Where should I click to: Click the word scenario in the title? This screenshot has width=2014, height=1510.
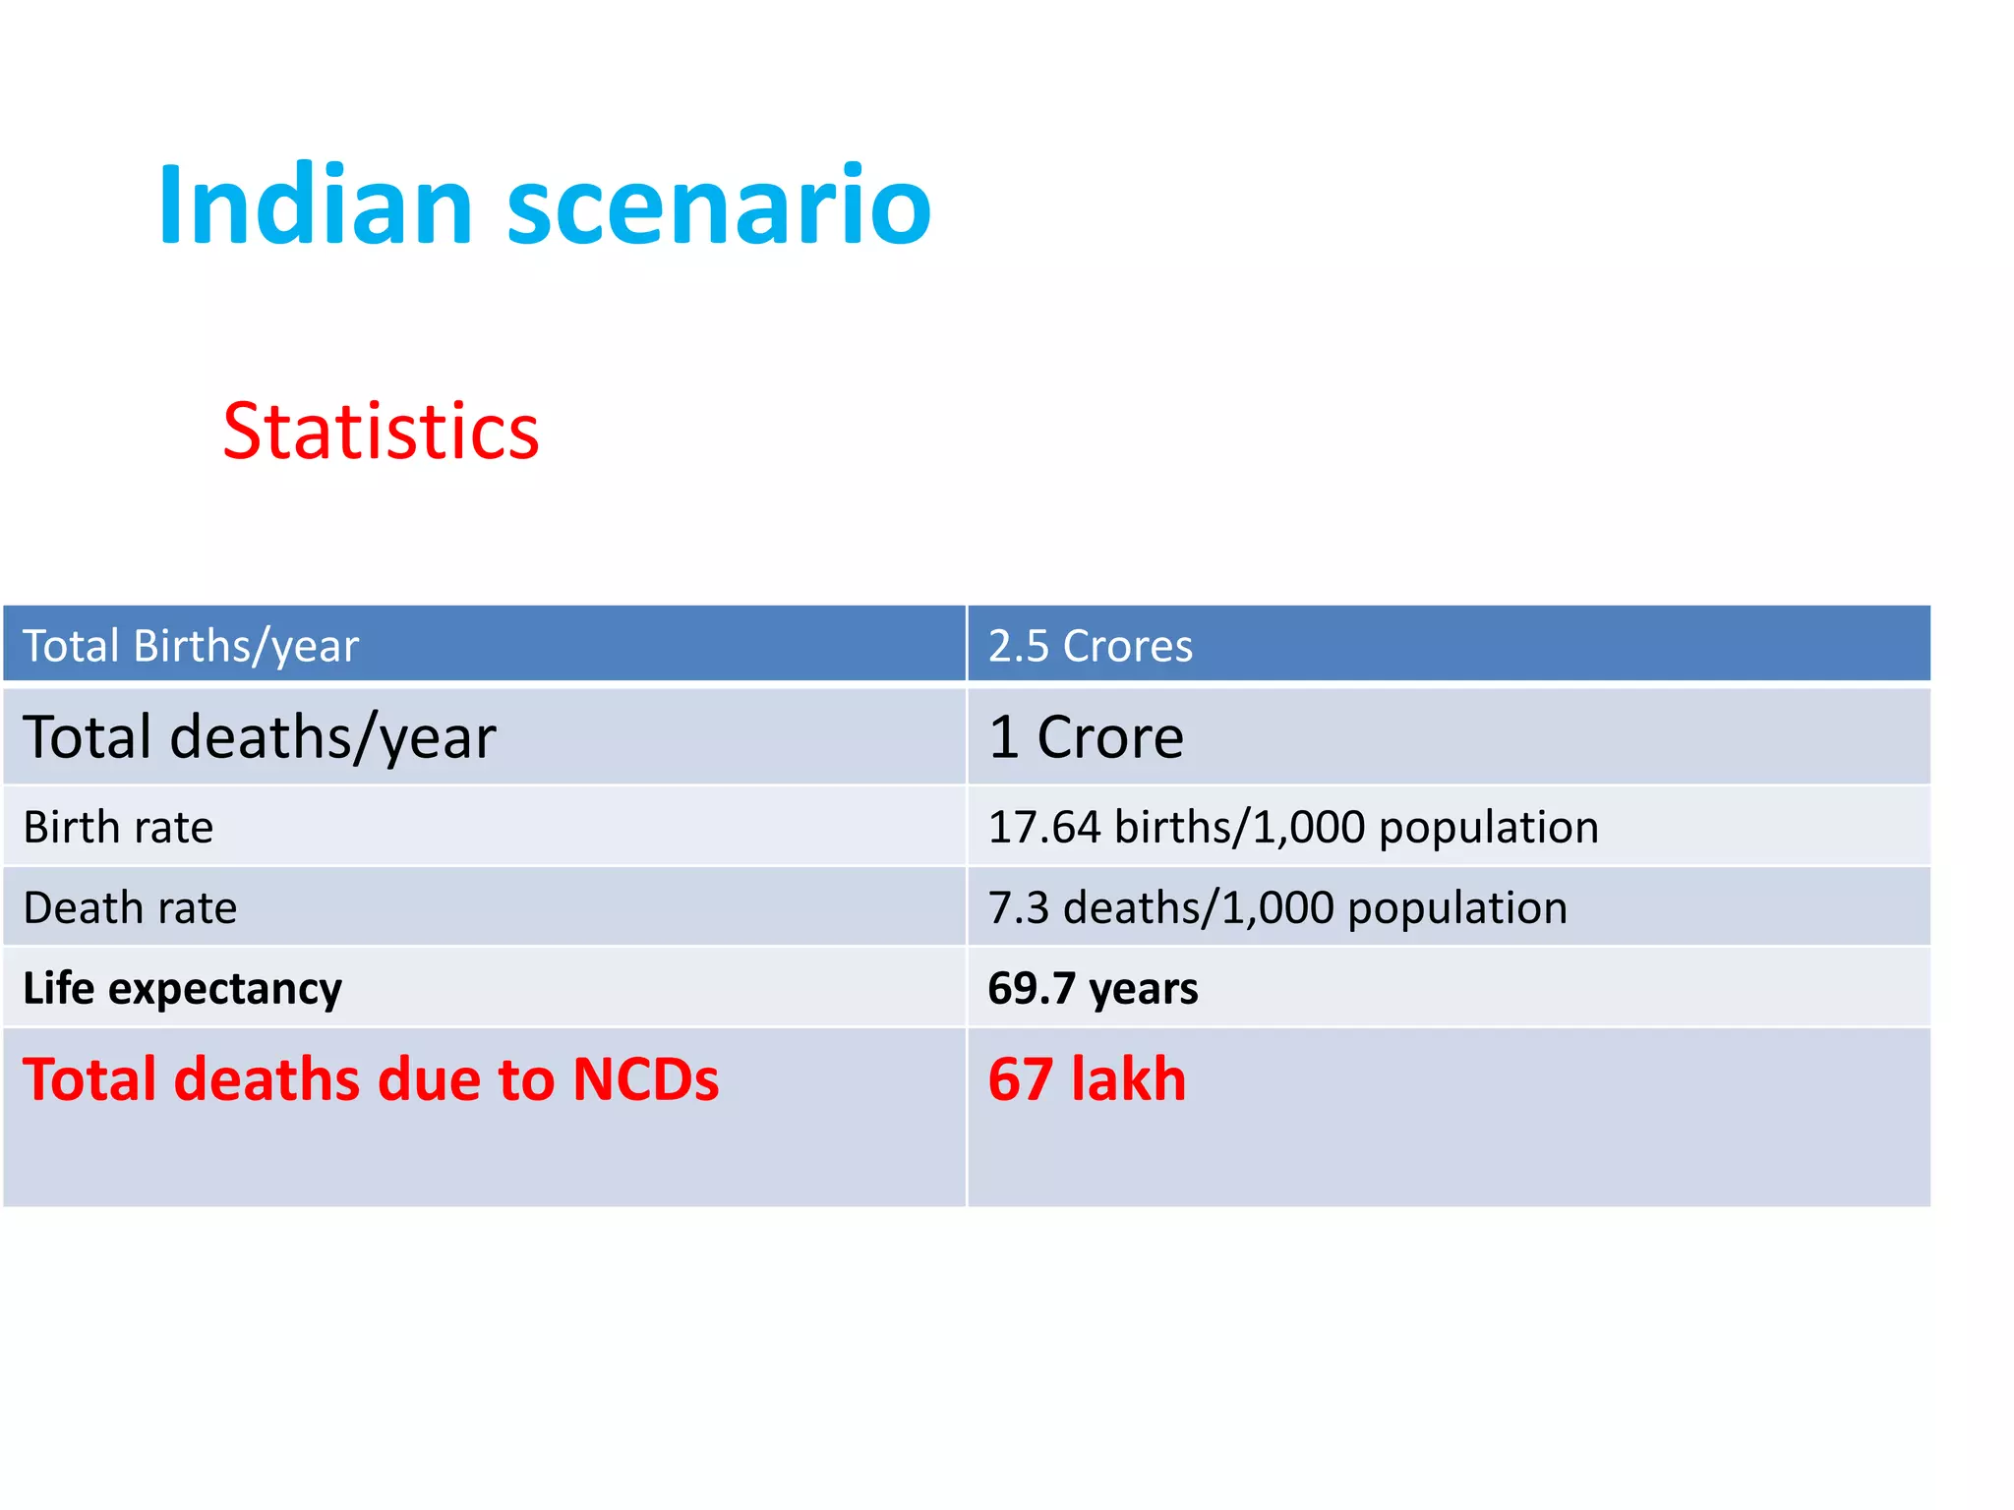pos(718,206)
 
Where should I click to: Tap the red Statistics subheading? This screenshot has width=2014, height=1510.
pos(381,432)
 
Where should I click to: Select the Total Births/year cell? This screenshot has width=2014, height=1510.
pos(191,646)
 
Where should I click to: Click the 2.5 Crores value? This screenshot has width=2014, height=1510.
pos(1090,646)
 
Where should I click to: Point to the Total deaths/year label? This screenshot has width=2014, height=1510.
pos(260,737)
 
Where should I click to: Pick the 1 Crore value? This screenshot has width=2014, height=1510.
pos(1086,737)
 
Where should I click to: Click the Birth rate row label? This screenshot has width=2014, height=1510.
pos(118,827)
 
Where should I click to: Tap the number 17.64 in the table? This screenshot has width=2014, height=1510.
pos(1043,827)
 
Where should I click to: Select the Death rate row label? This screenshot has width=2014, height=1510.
pos(130,907)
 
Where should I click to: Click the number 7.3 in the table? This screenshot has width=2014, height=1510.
pos(1019,907)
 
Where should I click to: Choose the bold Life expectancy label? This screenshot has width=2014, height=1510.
pos(183,988)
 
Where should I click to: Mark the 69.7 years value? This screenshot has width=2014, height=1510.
pos(1093,988)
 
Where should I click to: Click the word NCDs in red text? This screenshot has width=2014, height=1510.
pos(645,1079)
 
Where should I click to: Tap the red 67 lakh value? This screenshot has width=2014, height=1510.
pos(1087,1079)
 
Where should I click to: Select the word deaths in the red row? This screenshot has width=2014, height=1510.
pos(267,1079)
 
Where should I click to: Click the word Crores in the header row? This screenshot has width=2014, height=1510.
pos(1127,646)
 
